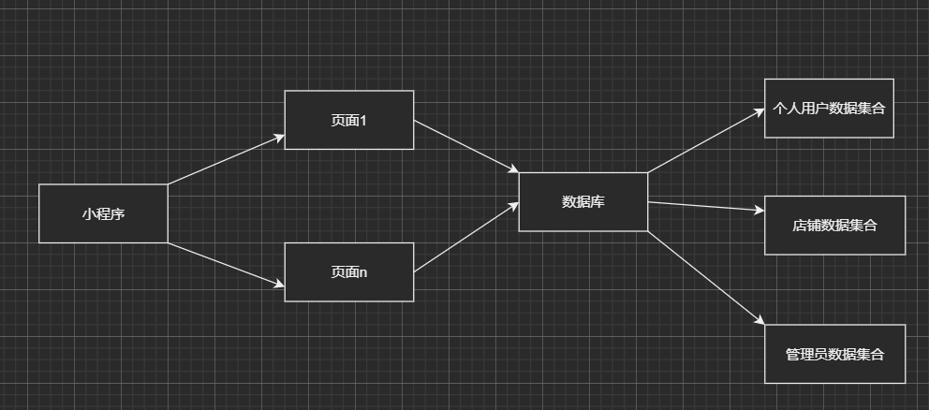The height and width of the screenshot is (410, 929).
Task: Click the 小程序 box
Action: (103, 213)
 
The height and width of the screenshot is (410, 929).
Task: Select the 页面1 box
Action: (348, 120)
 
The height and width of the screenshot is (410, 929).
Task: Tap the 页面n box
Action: (348, 272)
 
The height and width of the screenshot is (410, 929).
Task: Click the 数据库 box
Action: (582, 201)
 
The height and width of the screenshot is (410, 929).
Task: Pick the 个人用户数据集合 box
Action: (829, 109)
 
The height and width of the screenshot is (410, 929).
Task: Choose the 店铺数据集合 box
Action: (834, 226)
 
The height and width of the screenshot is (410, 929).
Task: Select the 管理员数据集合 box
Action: (834, 354)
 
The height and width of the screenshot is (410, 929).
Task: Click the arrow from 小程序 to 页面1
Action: (225, 159)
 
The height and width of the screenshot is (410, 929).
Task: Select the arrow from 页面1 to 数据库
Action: (465, 146)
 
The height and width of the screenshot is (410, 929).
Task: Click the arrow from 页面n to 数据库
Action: (465, 238)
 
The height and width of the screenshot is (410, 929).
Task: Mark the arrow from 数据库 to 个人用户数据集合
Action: (705, 140)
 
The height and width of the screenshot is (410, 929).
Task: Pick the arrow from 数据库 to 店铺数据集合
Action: (705, 207)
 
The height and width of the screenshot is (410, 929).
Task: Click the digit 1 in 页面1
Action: (361, 120)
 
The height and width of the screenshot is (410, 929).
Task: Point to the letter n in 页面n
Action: (363, 272)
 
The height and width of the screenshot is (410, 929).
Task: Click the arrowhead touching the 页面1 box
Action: (278, 138)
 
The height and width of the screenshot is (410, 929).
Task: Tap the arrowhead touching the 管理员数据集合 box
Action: (759, 322)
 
